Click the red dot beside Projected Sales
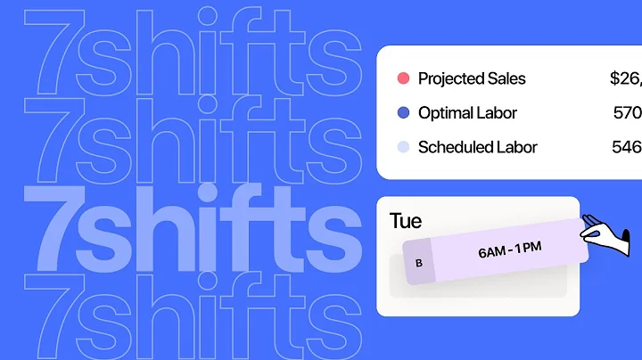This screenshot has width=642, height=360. pos(403,78)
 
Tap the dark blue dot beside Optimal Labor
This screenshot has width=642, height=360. pos(403,113)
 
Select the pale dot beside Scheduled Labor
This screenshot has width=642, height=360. pos(403,147)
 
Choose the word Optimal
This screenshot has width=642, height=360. pos(446,113)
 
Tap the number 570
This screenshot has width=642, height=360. pos(628,113)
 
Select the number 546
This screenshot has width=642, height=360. pos(628,147)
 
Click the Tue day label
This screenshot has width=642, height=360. pos(406,221)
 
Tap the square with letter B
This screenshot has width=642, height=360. pos(419,263)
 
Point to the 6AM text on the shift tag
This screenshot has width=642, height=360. pos(493,252)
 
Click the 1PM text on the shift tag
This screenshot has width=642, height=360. pos(537,246)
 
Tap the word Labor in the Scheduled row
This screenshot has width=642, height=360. pos(517,147)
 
